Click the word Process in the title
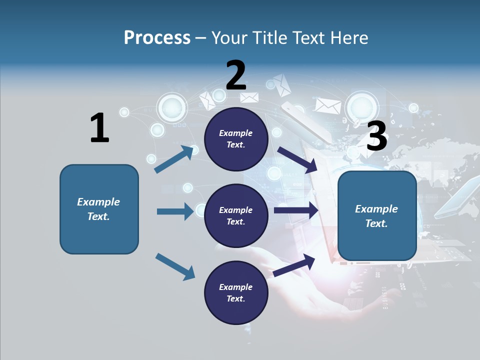tap(157, 38)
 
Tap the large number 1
tap(99, 128)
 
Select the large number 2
tap(235, 75)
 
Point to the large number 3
tap(376, 136)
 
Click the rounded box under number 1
tap(99, 209)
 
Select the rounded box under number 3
tap(377, 216)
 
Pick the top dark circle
tap(235, 138)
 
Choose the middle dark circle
tap(235, 215)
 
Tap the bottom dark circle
tap(235, 292)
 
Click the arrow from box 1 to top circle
tap(174, 159)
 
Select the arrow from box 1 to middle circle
tap(175, 211)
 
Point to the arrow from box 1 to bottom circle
tap(175, 266)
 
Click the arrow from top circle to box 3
tap(298, 159)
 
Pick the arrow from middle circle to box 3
tap(296, 210)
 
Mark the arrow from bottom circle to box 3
tap(294, 265)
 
